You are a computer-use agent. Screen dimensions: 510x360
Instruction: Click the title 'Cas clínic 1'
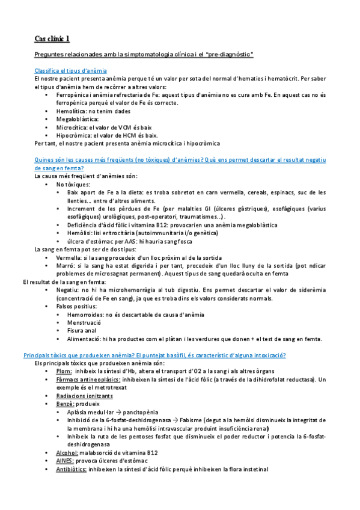(52, 39)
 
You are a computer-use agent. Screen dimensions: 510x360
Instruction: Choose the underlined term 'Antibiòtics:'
(72, 469)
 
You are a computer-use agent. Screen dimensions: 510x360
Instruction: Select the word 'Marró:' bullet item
(65, 266)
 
